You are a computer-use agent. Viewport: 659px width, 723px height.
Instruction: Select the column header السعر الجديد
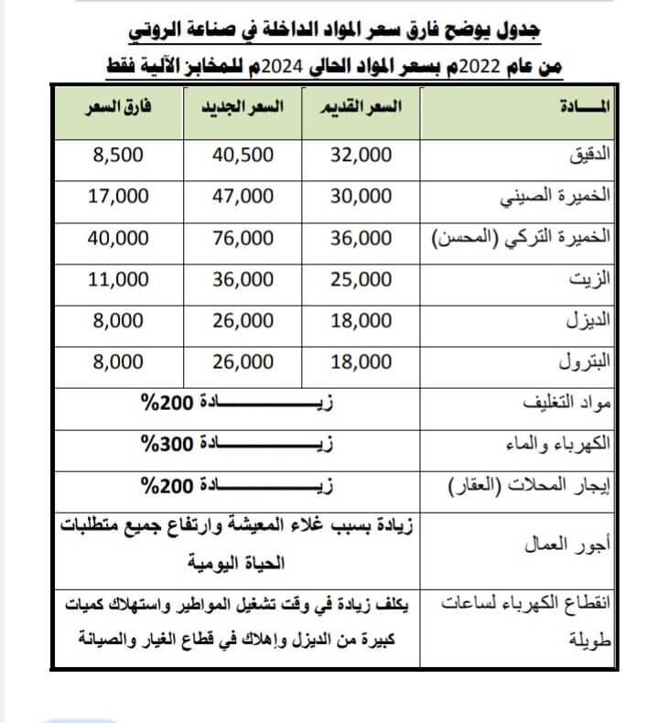(x=243, y=109)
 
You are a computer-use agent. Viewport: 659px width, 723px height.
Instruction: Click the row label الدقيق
(x=595, y=155)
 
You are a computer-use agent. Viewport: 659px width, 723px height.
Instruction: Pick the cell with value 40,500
(x=243, y=155)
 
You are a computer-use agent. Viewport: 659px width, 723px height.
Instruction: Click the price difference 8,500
(x=118, y=155)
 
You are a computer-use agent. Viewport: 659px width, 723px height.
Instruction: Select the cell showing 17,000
(x=118, y=196)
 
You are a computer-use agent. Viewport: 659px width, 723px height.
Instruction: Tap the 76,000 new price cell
(x=243, y=238)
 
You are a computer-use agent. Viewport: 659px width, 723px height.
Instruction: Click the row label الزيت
(x=600, y=280)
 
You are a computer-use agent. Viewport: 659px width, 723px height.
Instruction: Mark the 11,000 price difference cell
(x=118, y=280)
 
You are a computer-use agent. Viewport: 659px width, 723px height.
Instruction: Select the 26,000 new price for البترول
(x=243, y=362)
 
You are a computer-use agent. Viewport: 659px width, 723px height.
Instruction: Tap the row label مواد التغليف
(x=573, y=404)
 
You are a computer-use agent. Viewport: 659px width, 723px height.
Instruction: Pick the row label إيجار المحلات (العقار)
(x=543, y=486)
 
